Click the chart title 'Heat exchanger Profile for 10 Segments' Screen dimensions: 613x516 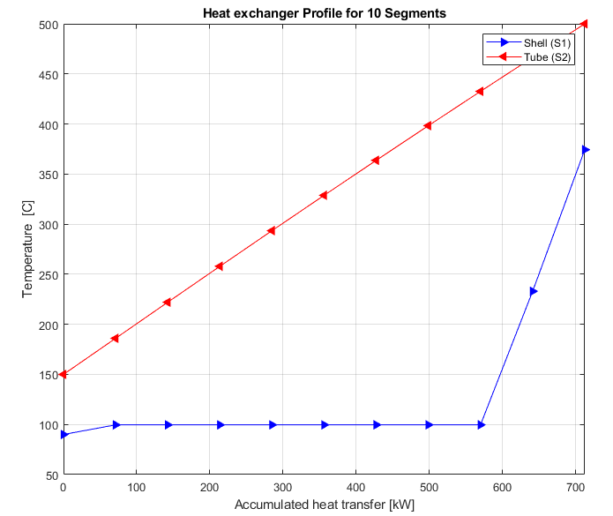pyautogui.click(x=324, y=13)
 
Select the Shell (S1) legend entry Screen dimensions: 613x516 pyautogui.click(x=528, y=42)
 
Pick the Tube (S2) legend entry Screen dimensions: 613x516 pyautogui.click(x=528, y=57)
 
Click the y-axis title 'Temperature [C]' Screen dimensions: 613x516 pyautogui.click(x=27, y=249)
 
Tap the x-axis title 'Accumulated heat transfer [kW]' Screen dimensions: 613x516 pyautogui.click(x=324, y=505)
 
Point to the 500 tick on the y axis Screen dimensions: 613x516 pyautogui.click(x=49, y=25)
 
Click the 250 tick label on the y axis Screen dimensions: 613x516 pyautogui.click(x=49, y=275)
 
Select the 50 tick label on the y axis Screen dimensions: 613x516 pyautogui.click(x=52, y=475)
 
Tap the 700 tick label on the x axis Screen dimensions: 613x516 pyautogui.click(x=575, y=487)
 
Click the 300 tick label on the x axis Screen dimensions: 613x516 pyautogui.click(x=282, y=487)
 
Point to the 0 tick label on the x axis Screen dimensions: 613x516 pyautogui.click(x=64, y=487)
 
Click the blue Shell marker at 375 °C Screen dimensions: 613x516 pyautogui.click(x=586, y=150)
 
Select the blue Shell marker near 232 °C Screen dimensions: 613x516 pyautogui.click(x=534, y=292)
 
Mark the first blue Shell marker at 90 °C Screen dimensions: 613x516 pyautogui.click(x=64, y=434)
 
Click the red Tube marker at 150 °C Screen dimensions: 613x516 pyautogui.click(x=63, y=375)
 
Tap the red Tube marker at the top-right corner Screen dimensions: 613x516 pyautogui.click(x=584, y=24)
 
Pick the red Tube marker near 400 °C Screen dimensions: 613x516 pyautogui.click(x=427, y=125)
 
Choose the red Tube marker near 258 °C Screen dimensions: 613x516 pyautogui.click(x=219, y=266)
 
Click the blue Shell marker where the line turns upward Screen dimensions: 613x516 pyautogui.click(x=482, y=425)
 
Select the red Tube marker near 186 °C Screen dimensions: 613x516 pyautogui.click(x=115, y=338)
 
